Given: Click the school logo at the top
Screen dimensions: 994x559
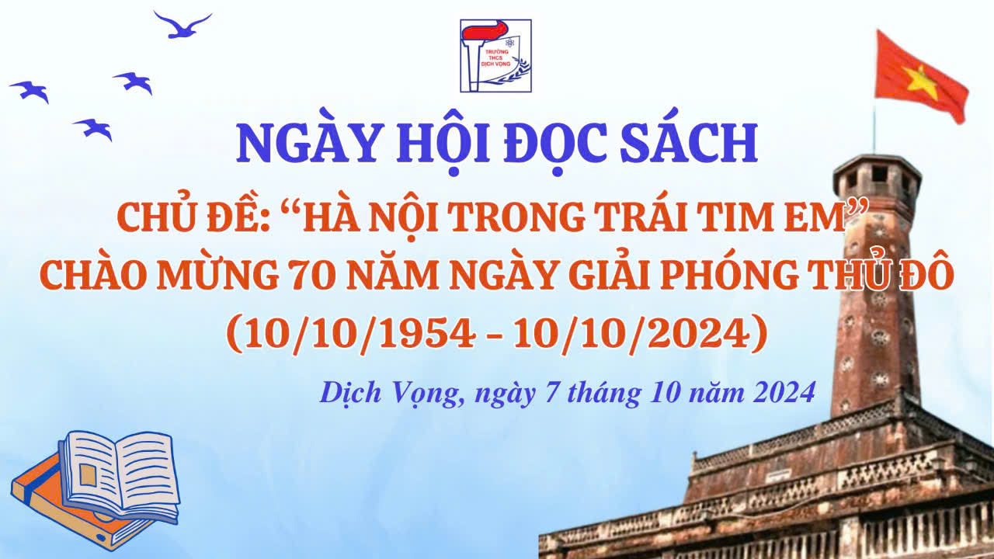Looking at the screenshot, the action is click(495, 55).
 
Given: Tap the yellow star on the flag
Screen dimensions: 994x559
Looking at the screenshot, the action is click(921, 82).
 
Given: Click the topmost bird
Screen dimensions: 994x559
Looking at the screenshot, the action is click(182, 26).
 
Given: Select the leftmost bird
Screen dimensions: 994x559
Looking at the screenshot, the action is click(30, 91).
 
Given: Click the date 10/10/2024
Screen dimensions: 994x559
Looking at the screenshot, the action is click(631, 334).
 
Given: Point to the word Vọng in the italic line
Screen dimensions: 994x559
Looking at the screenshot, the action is click(426, 394).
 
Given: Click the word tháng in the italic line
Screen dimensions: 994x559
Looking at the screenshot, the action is click(604, 394).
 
